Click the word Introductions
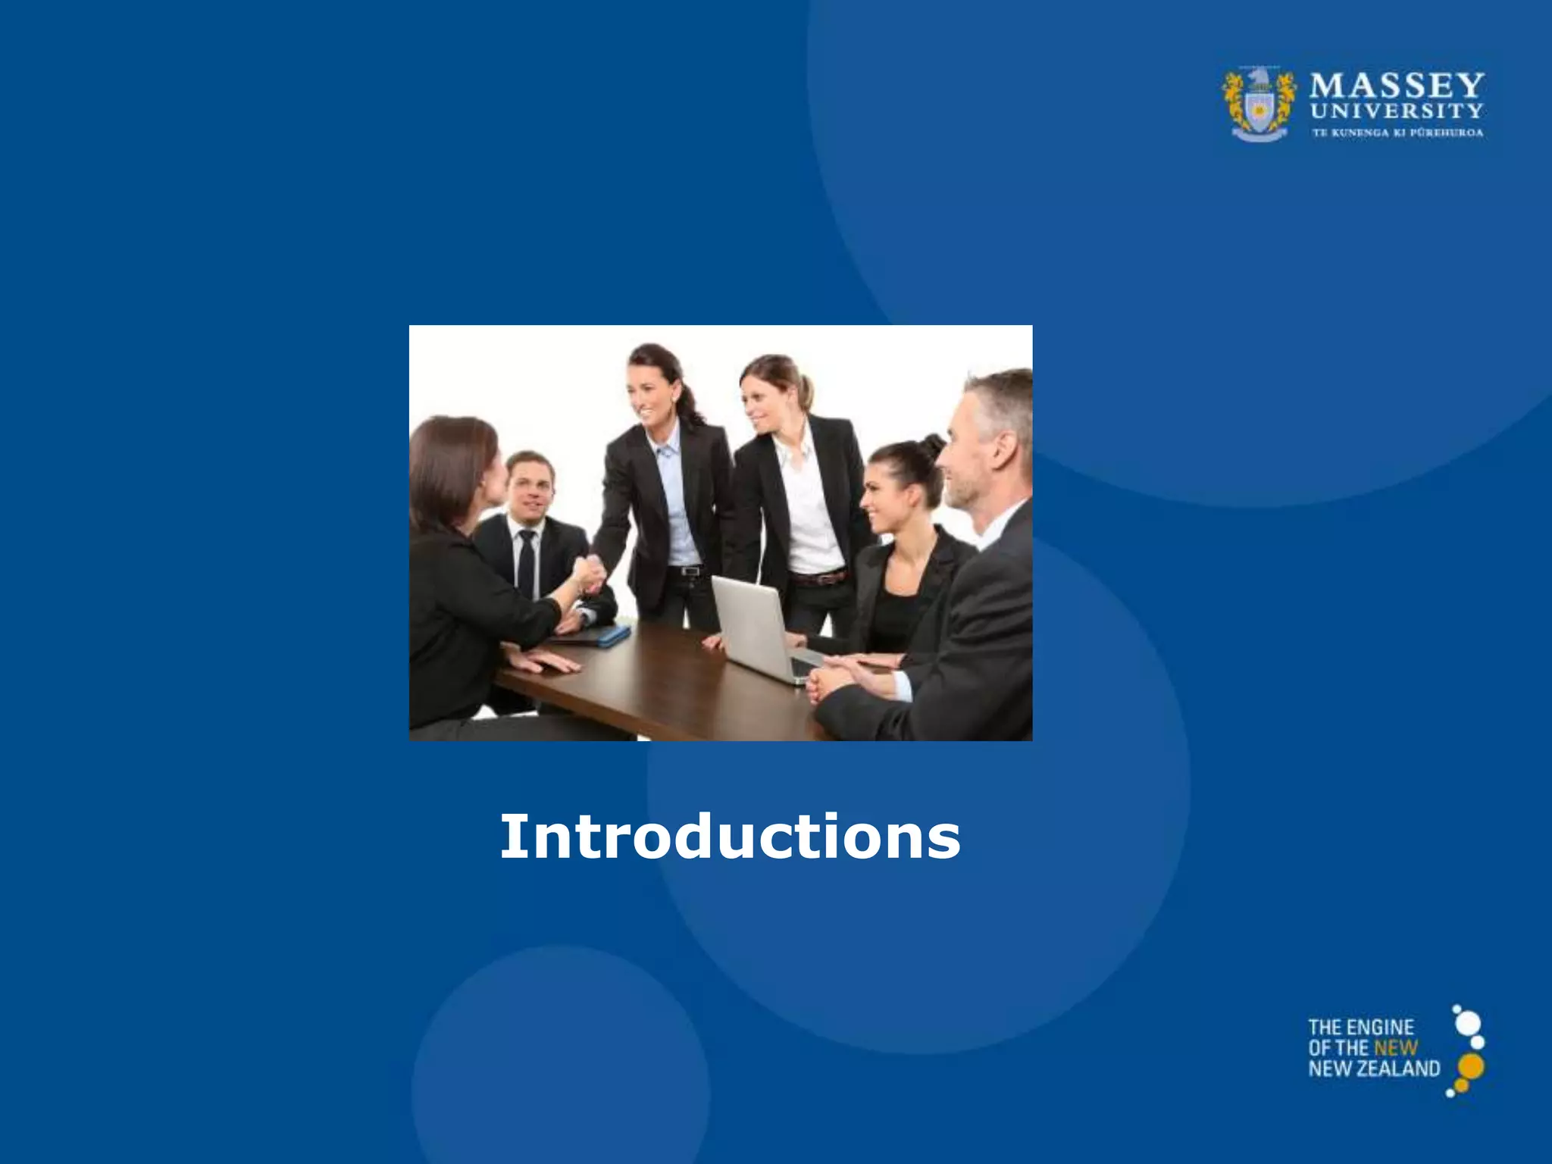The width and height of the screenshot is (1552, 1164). coord(730,837)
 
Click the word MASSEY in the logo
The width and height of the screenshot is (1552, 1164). coord(1396,86)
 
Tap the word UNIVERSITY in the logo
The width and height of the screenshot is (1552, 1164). coord(1396,111)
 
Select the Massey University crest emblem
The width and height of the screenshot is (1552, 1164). coord(1259,104)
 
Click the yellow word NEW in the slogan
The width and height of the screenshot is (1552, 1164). coord(1395,1048)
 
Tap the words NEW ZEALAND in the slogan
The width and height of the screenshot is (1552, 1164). coord(1373,1069)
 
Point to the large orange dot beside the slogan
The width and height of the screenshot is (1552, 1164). coord(1470,1066)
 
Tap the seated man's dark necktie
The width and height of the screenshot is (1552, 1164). coord(526,565)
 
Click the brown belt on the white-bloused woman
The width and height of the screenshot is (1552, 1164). coord(818,578)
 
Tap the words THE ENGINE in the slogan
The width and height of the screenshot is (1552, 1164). coord(1360,1028)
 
